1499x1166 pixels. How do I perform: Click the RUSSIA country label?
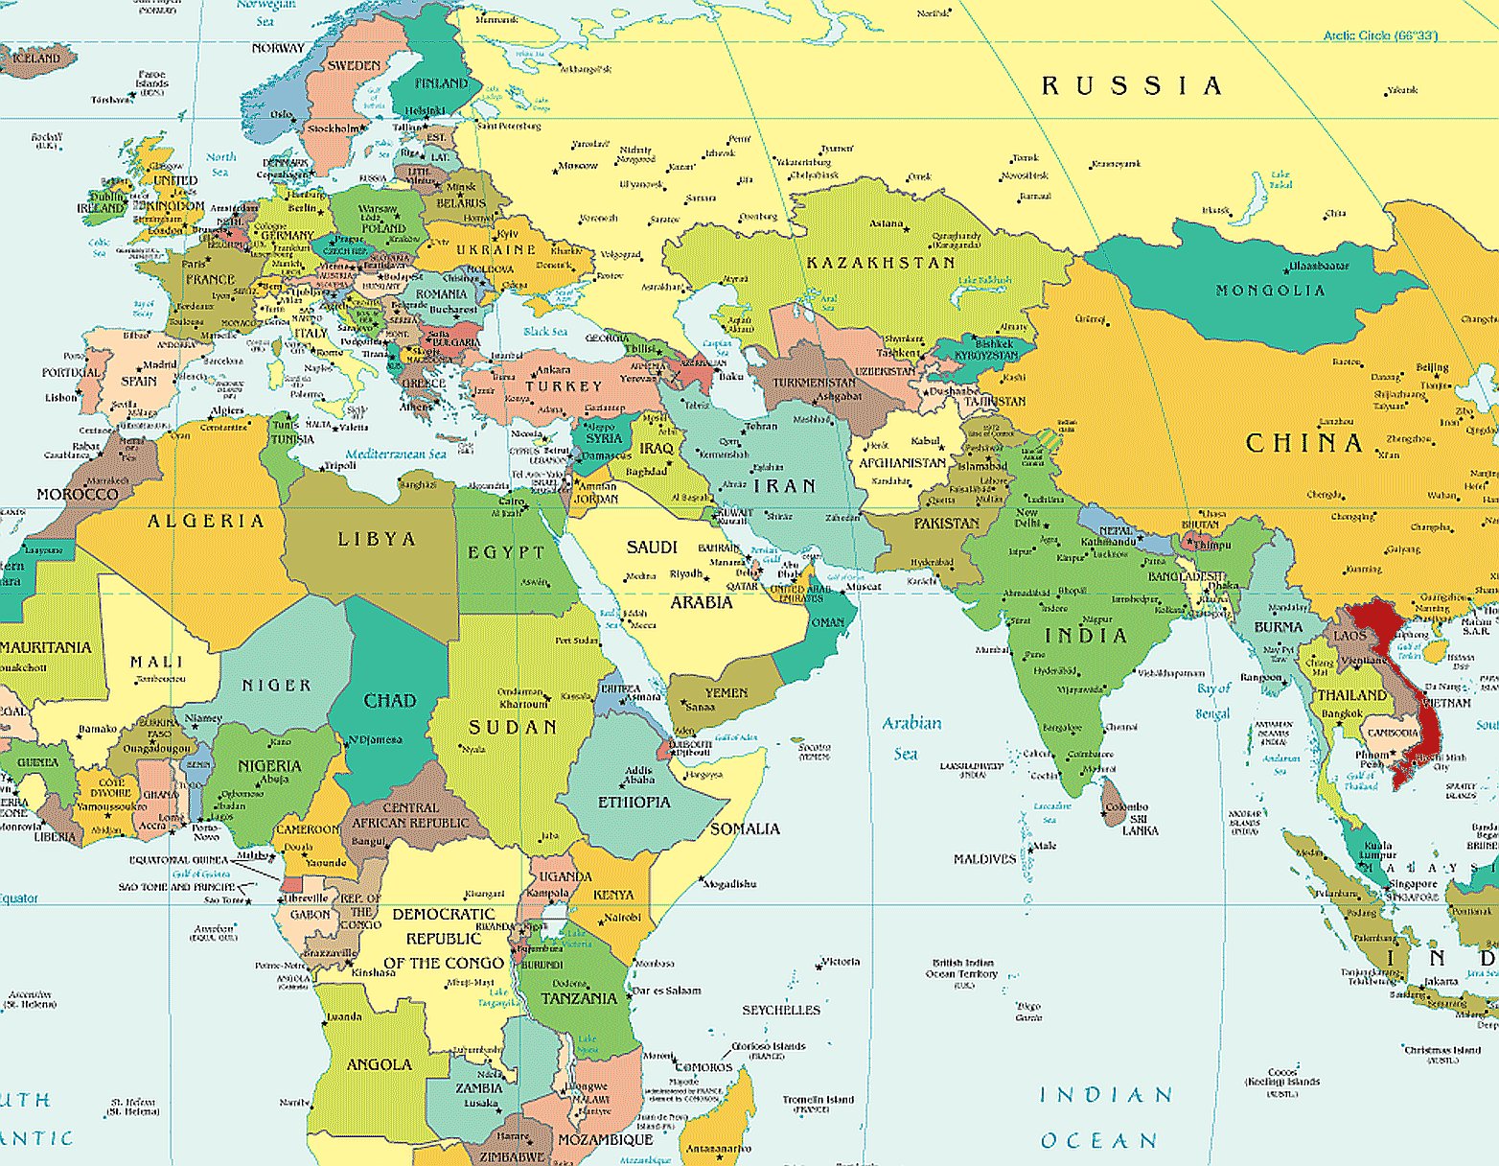(1131, 86)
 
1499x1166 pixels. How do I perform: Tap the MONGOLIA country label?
(1270, 290)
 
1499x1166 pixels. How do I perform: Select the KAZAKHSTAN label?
(880, 263)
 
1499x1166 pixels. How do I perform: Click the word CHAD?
(389, 701)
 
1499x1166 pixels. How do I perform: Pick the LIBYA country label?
(377, 539)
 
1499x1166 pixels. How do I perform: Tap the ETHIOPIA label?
(634, 802)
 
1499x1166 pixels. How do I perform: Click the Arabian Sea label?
(911, 737)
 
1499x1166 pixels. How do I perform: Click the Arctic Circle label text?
(1380, 35)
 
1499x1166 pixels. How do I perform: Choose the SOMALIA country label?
(745, 828)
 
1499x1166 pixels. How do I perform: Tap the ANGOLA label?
(379, 1064)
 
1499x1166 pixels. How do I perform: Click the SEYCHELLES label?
(781, 1010)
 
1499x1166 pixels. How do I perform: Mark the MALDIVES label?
(984, 859)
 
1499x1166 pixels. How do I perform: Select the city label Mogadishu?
(730, 884)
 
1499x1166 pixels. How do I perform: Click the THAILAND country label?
(1351, 695)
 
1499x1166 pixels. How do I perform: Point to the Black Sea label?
(544, 332)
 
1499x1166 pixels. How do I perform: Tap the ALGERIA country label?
(205, 521)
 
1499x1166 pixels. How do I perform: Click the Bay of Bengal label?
(1212, 701)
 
